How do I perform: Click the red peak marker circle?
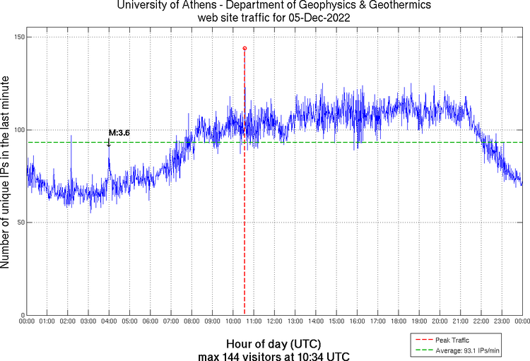[245, 48]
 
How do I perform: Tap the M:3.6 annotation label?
[119, 132]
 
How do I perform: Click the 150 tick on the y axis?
[18, 37]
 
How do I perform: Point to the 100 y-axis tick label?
[18, 130]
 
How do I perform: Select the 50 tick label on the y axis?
[20, 223]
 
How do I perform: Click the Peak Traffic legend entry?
[453, 341]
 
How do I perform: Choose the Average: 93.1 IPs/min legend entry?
[463, 350]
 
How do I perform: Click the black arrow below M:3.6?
[109, 143]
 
